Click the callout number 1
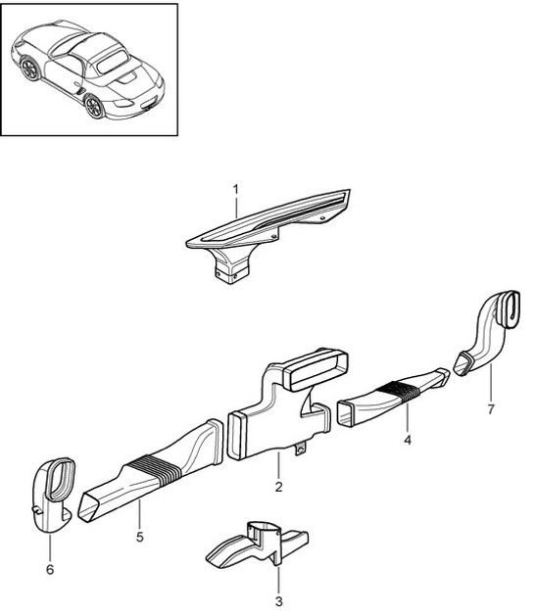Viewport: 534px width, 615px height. [x=235, y=186]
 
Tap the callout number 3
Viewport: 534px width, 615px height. [x=278, y=600]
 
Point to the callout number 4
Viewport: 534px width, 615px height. [x=407, y=440]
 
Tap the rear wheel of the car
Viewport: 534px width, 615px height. [x=31, y=69]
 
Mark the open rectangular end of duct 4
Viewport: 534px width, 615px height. [x=351, y=411]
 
